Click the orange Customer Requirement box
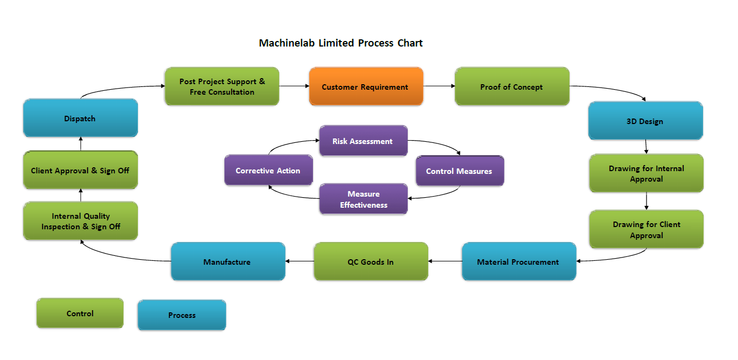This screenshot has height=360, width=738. pos(366,86)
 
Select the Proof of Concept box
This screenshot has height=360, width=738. pos(512,86)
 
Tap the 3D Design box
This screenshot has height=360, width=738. pos(645,121)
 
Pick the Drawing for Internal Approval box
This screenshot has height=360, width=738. pos(646,173)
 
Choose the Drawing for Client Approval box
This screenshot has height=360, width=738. pos(646,229)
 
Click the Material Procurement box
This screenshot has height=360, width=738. pos(519,261)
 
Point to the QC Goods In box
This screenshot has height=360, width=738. pos(371,261)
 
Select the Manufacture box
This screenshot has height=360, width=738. pos(228,261)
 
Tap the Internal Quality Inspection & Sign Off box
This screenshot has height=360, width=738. pos(80,221)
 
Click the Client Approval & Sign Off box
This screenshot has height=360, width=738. pos(80,170)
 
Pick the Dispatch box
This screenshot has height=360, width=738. pos(80,118)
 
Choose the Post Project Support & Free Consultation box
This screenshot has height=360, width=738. pos(222,86)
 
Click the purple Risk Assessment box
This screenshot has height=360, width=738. pos(363,141)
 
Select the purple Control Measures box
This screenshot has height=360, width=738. pos(459,171)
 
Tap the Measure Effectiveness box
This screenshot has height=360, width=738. pos(363,199)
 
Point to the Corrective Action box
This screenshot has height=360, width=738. pos(268,170)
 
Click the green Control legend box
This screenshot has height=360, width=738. pos(80,313)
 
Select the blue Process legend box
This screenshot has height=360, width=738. pos(182,315)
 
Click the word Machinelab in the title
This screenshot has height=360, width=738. pos(286,43)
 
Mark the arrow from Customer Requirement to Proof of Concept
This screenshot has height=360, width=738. pos(439,86)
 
